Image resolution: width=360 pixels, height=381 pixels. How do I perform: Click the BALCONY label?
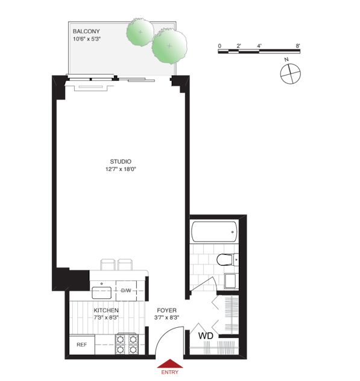86,31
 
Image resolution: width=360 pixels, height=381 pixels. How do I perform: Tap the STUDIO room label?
121,162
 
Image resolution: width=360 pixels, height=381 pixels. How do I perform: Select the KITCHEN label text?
106,310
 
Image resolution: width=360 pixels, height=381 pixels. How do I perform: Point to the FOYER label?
166,310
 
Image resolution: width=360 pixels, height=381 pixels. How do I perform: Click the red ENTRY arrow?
170,363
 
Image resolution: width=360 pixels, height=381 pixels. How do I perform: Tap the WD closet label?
206,336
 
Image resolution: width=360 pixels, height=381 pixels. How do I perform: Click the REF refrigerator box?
82,345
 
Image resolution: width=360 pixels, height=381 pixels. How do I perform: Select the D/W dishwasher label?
126,290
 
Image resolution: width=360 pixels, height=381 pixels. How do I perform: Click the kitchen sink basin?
102,293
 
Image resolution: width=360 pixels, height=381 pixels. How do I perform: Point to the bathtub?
214,232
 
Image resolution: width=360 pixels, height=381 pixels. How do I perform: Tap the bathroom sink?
231,281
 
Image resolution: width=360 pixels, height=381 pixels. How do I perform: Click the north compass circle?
291,74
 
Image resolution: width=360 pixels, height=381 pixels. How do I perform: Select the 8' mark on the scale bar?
298,46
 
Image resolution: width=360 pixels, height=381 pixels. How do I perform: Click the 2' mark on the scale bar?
239,46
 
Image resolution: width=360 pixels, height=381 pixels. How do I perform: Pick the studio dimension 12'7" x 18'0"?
121,169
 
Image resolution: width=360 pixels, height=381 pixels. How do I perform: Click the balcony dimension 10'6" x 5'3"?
87,39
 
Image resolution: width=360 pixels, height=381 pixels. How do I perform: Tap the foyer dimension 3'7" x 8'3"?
166,318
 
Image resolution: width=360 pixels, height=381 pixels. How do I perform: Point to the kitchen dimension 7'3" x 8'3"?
106,318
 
